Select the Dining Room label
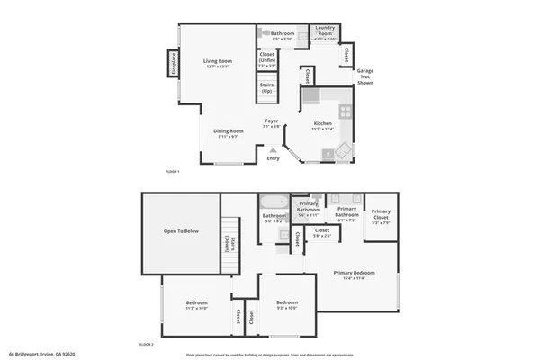229,133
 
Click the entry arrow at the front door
274,149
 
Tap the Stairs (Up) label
266,88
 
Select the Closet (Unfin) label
266,59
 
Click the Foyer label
271,122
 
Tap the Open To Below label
180,231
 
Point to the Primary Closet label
381,216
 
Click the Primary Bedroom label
354,274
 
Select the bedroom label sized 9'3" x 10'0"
286,304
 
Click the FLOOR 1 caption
172,170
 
